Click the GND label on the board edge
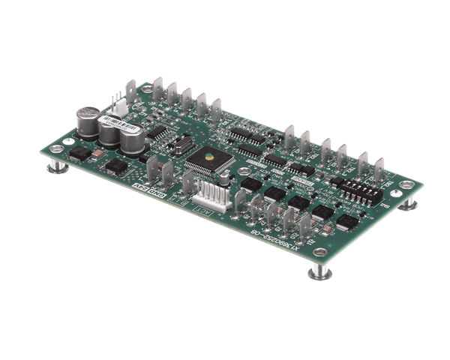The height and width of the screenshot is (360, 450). [158, 196]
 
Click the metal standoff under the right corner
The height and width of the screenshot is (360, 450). [407, 204]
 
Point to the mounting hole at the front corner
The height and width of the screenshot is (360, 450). [319, 251]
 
